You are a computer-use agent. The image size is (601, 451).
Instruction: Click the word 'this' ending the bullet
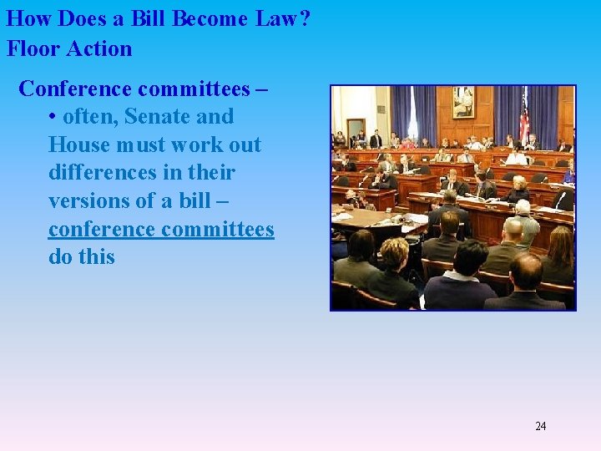(x=97, y=256)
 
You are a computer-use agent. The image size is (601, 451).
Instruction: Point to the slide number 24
(x=540, y=426)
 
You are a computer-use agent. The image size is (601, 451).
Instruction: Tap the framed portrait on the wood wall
(x=462, y=102)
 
